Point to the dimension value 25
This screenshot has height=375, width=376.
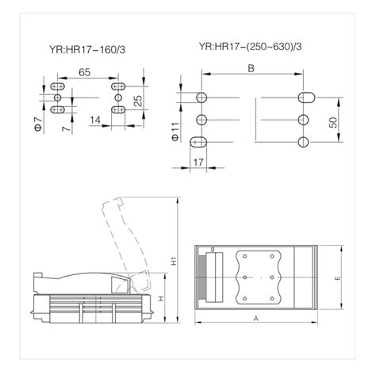[x=137, y=101]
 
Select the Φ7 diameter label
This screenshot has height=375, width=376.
[x=36, y=123]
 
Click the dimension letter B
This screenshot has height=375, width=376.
[x=251, y=69]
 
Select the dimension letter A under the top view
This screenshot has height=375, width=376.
[x=255, y=316]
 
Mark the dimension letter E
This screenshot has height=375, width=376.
[x=337, y=278]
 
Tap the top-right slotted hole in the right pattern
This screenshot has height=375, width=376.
[x=305, y=98]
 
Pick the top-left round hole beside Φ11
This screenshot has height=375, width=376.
[x=201, y=98]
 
